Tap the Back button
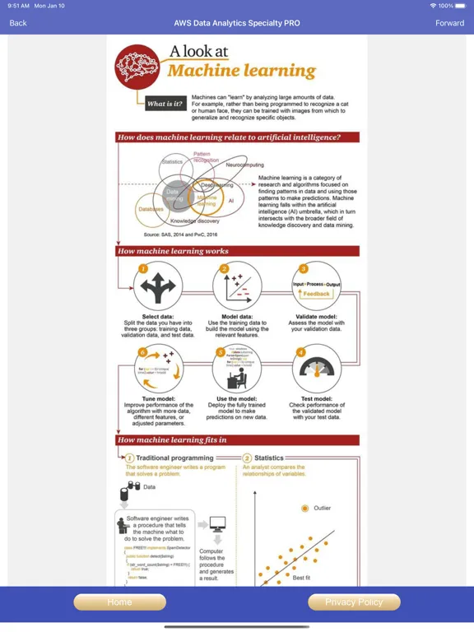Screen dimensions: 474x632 18,23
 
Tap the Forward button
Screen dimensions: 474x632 449,23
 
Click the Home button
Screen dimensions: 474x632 119,602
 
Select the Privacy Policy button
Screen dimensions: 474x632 354,602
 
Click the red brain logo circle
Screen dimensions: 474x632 137,67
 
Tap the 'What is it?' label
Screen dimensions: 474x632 165,105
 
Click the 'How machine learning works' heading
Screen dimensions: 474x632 174,251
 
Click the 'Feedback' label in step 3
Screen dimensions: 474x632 316,294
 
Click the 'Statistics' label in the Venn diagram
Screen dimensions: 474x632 172,161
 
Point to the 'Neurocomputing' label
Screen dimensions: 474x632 243,165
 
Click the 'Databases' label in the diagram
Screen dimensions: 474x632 151,210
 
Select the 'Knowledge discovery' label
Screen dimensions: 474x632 195,221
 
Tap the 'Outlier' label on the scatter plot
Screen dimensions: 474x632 322,508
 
